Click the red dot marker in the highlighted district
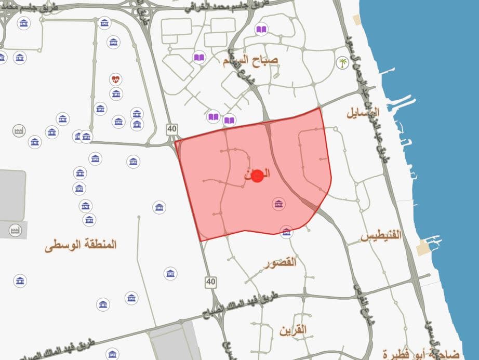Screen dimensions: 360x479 point(256,175)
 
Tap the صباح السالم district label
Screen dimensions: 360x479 point(250,60)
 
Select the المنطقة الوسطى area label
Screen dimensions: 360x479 point(81,244)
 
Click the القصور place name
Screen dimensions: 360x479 point(280,262)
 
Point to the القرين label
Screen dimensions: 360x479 point(293,330)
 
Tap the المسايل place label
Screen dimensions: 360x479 point(363,112)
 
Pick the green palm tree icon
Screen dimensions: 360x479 point(342,63)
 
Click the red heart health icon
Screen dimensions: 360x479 point(116,79)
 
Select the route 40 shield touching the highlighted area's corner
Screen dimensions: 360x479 point(172,129)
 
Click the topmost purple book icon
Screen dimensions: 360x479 point(261,30)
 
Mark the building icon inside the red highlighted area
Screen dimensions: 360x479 point(279,204)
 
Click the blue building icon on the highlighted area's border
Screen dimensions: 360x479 point(286,232)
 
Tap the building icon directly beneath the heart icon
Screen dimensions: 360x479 point(116,94)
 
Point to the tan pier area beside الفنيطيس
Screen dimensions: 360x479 point(424,248)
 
